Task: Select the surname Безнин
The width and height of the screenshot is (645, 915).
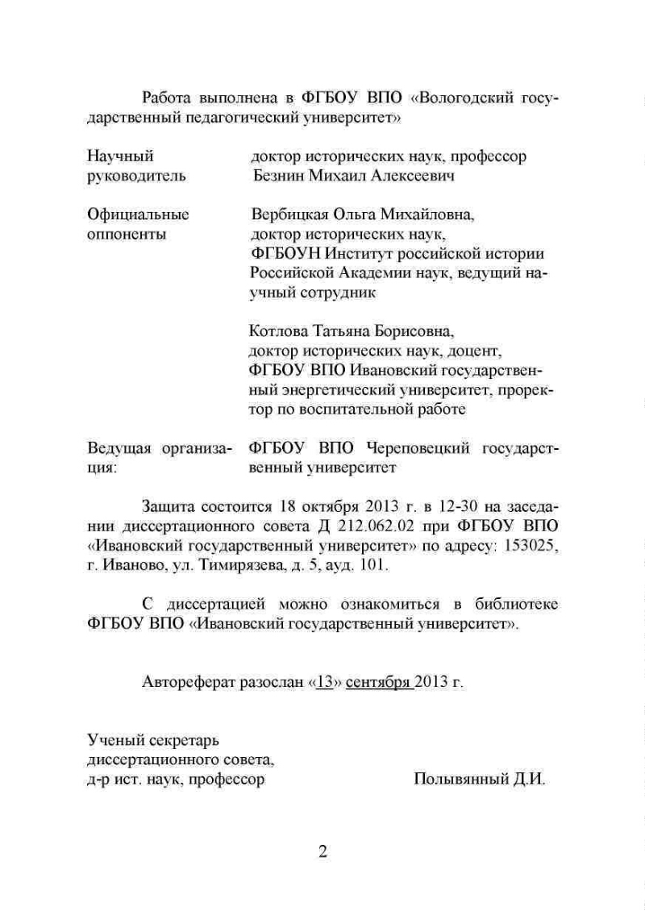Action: (281, 176)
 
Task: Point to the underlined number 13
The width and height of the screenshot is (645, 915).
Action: (325, 682)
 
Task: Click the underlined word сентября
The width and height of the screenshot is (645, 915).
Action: (379, 682)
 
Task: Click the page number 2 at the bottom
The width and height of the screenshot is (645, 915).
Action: (322, 853)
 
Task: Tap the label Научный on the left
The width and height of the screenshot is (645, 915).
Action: (119, 156)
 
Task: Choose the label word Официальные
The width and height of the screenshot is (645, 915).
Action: (137, 215)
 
